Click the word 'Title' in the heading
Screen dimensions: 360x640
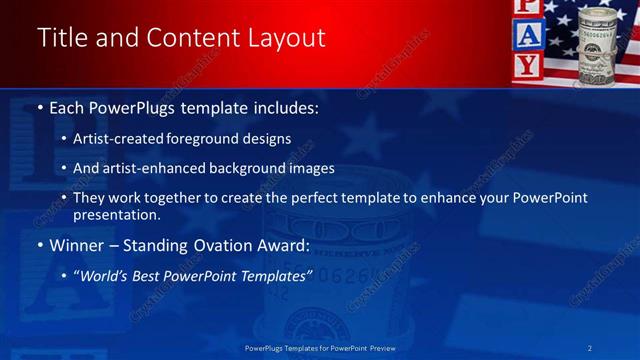point(60,38)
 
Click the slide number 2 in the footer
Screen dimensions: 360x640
point(591,347)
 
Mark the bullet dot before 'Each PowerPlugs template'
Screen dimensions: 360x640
point(39,107)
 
